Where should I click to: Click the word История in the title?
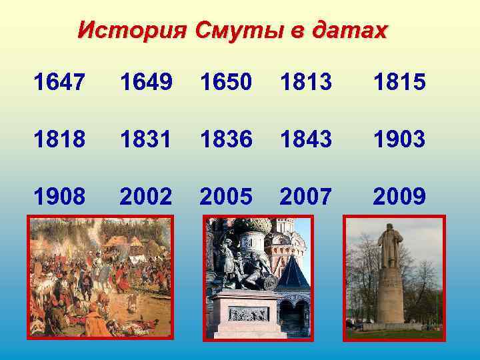click(133, 30)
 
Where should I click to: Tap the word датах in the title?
click(347, 30)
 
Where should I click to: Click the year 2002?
click(147, 196)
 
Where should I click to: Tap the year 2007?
click(307, 196)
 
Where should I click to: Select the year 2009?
click(399, 196)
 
